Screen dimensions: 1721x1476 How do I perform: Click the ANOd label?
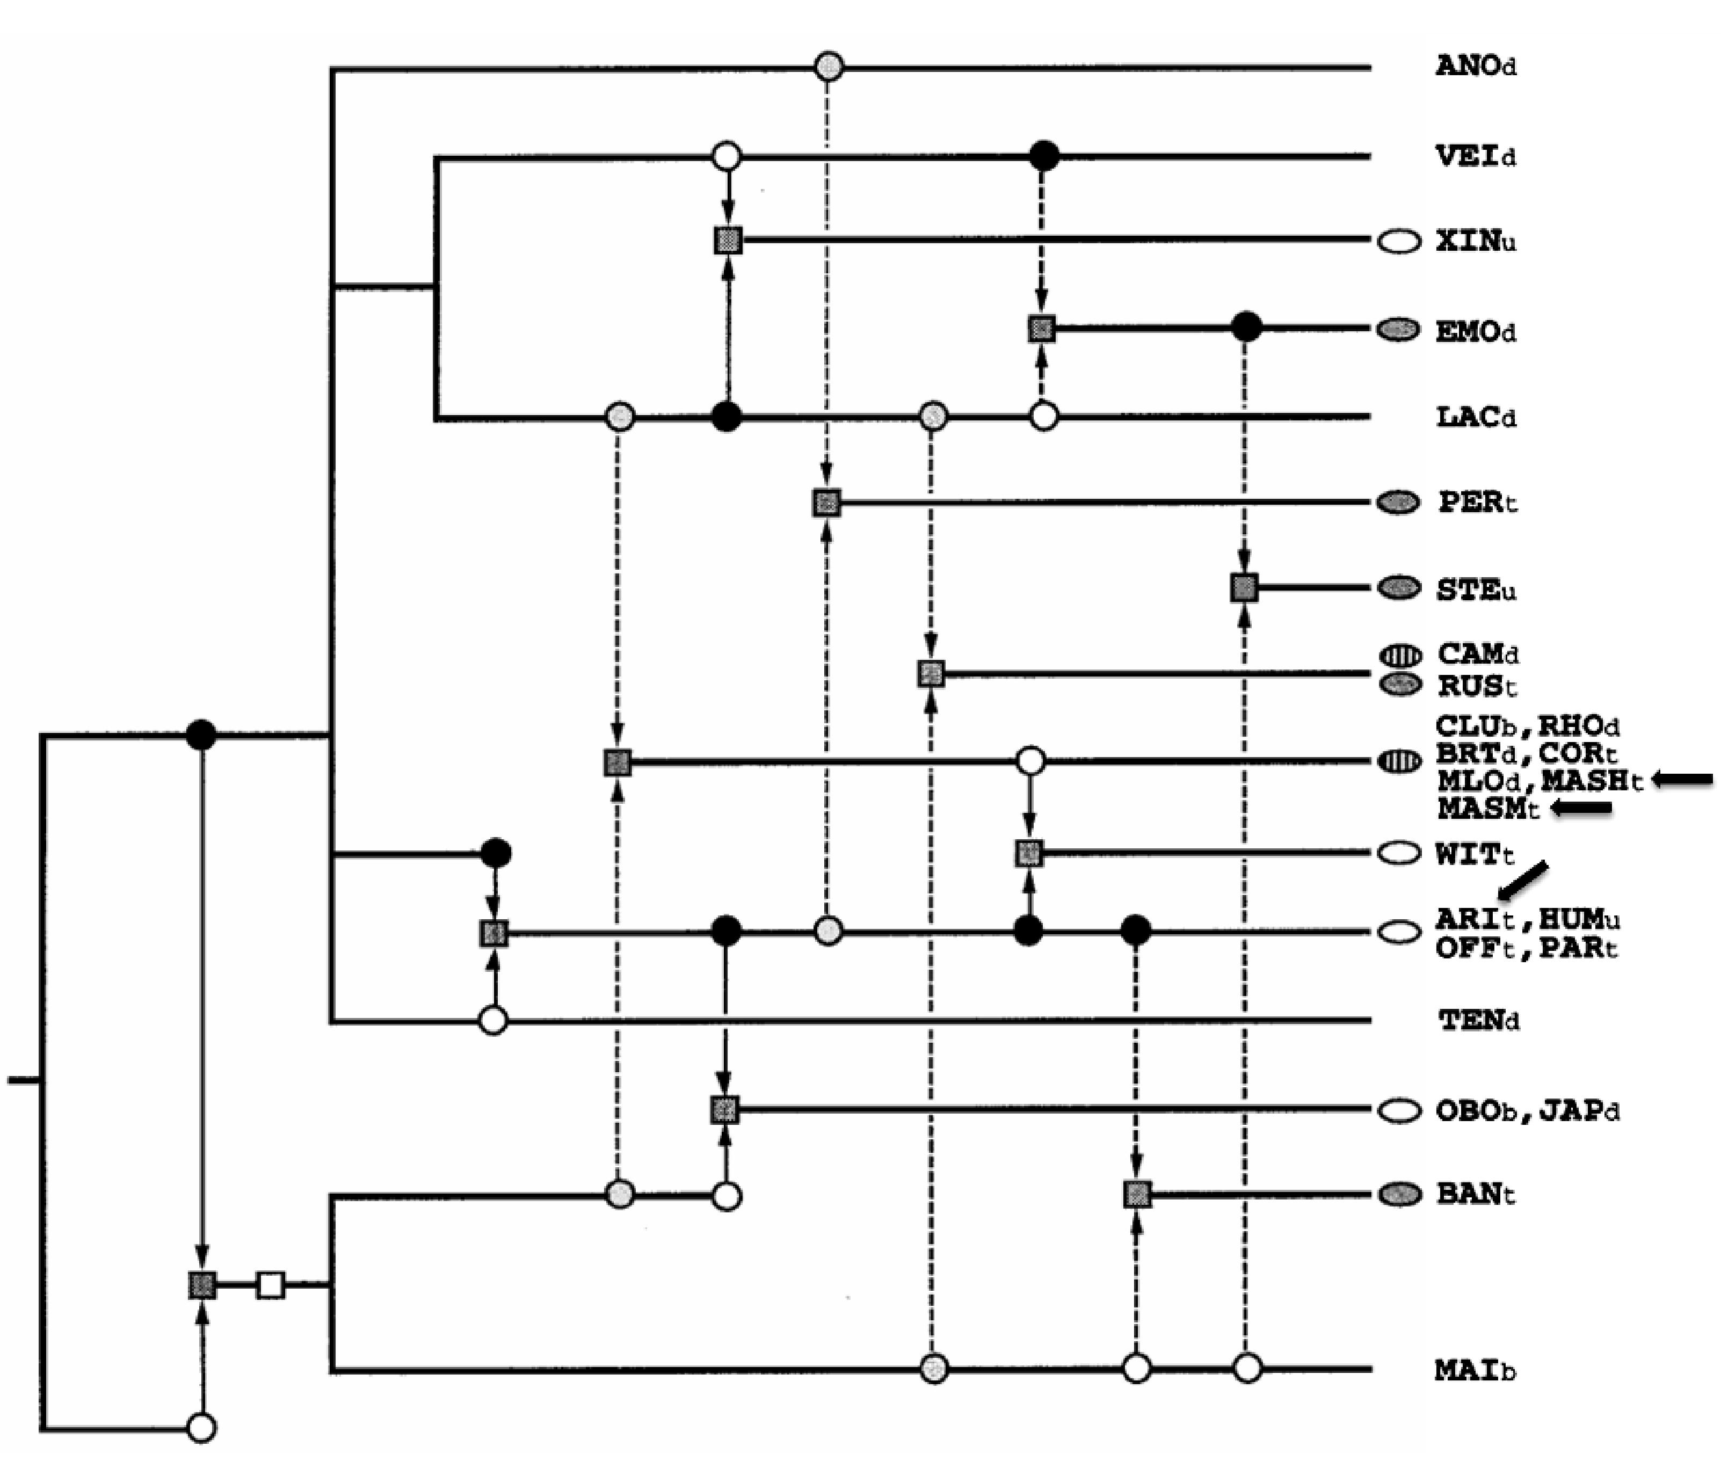[x=1476, y=66]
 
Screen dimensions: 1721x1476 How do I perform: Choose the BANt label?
[x=1476, y=1195]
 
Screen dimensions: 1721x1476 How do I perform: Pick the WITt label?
[x=1475, y=854]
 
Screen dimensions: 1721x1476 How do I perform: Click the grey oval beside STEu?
[x=1399, y=588]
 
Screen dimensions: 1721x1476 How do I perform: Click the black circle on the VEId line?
[x=1044, y=155]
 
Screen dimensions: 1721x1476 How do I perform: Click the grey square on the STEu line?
[x=1244, y=588]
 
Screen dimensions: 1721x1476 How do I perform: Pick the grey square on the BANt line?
[x=1137, y=1195]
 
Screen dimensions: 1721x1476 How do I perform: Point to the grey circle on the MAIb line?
[x=934, y=1367]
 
